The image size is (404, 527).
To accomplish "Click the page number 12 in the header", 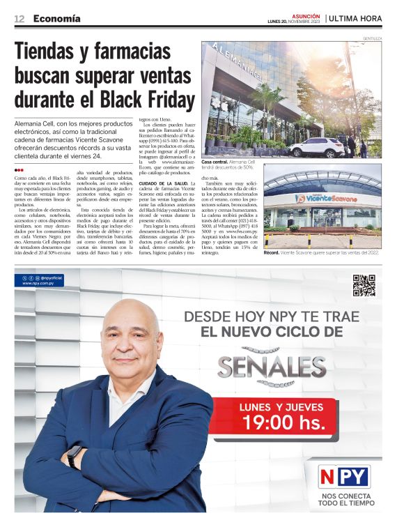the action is tap(20, 19).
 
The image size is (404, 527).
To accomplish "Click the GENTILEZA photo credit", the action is tap(371, 38).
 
